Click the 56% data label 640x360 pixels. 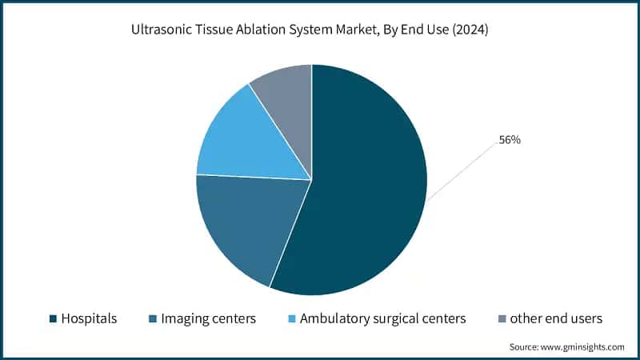[x=510, y=140]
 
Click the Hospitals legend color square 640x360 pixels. [x=53, y=319]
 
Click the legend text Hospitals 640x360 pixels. [x=89, y=318]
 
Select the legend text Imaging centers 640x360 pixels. [x=208, y=318]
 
